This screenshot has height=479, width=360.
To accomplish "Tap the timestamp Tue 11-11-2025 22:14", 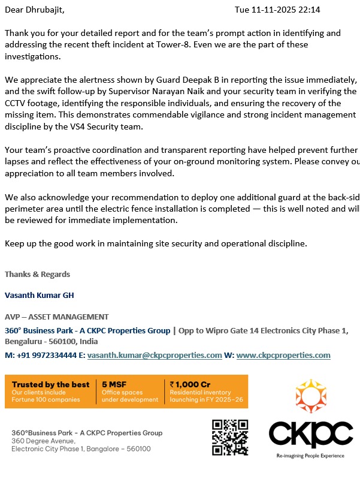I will point(277,10).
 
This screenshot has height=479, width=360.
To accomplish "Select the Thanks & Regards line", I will point(37,274).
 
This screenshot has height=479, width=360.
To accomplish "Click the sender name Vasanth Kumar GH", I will point(39,295).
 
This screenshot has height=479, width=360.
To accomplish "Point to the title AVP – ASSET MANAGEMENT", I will point(57,317).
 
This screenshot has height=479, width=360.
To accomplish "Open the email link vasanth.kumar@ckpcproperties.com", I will point(155,355).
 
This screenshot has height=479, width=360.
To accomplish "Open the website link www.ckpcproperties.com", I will point(283,355).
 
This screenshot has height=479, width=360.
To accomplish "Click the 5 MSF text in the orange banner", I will point(113,384).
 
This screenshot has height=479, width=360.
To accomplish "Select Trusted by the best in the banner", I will point(50,384).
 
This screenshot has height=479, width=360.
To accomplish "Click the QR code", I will point(230,437).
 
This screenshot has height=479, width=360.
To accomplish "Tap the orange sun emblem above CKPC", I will point(310,396).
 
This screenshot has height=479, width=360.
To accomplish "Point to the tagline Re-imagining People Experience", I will point(310,456).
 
